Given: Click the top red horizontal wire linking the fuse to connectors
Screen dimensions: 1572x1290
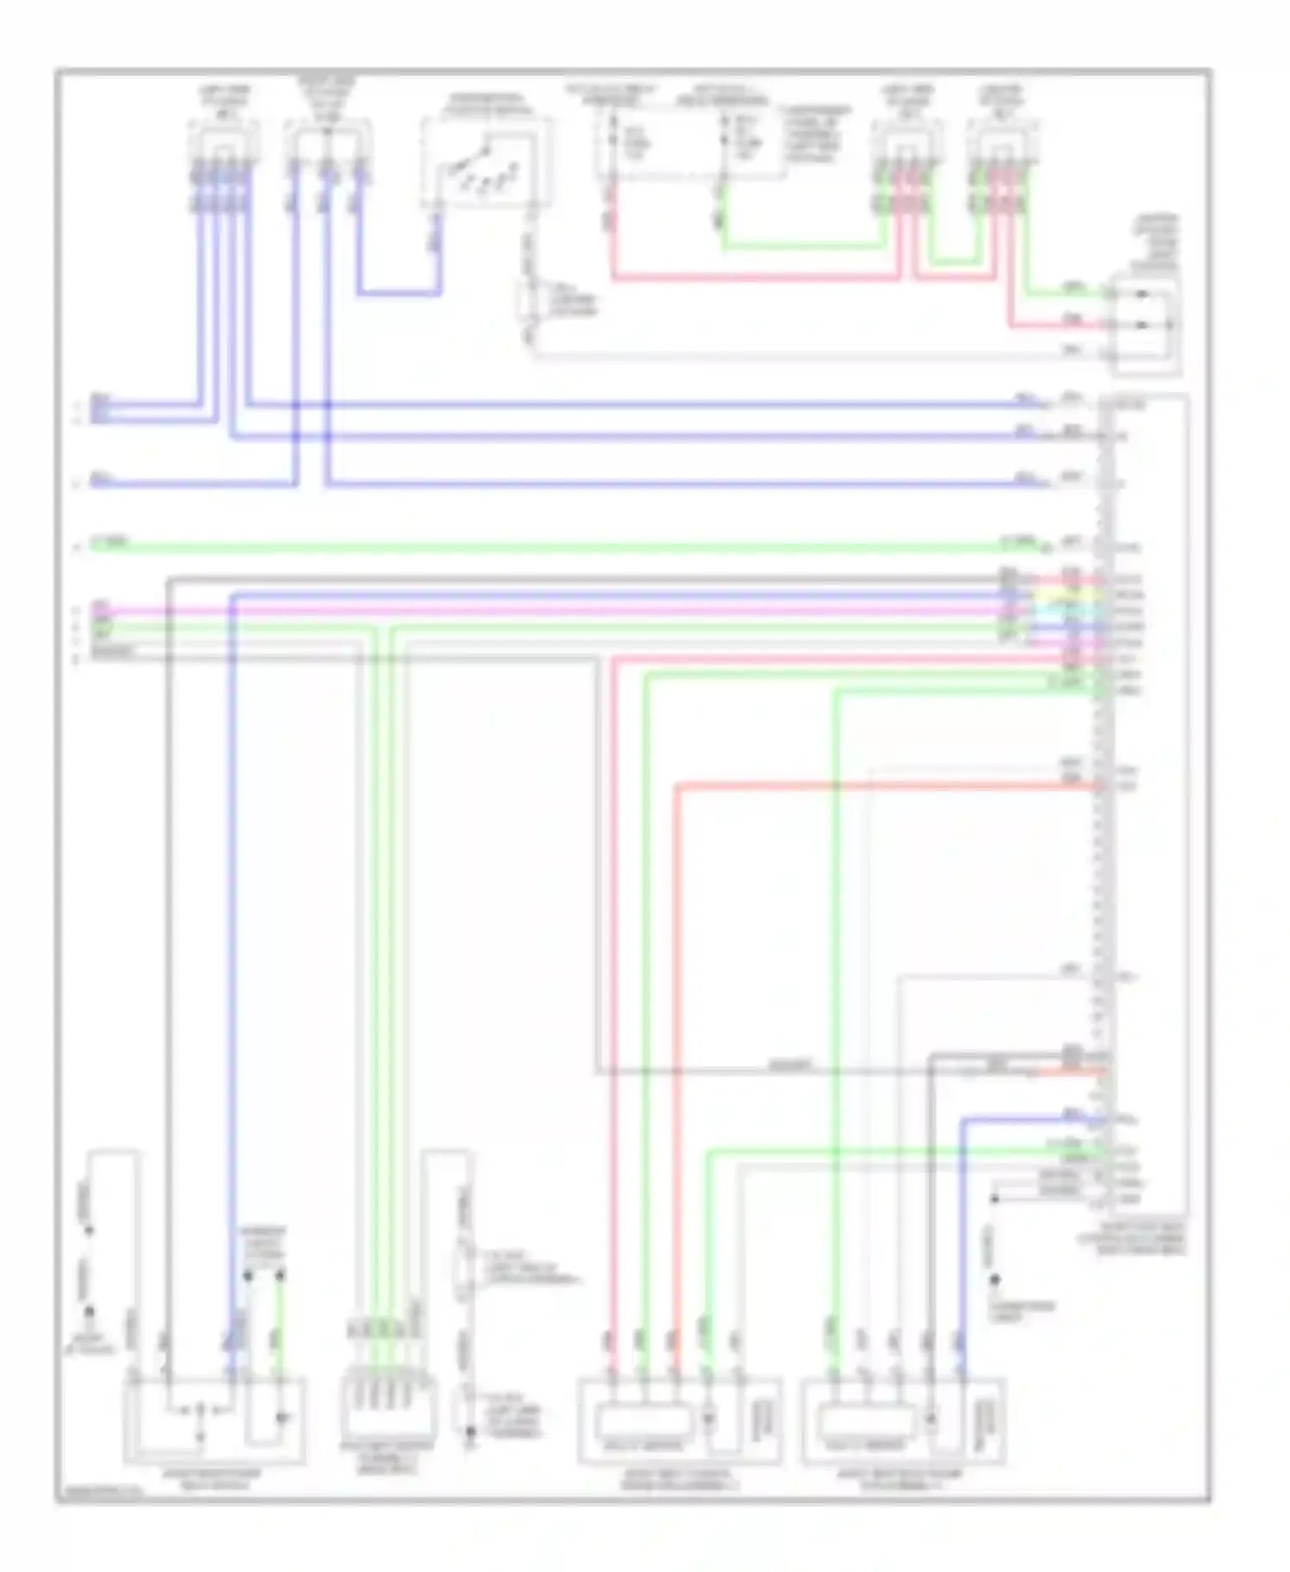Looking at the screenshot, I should pyautogui.click(x=757, y=278).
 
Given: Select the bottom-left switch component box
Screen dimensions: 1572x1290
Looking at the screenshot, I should pyautogui.click(x=215, y=1419).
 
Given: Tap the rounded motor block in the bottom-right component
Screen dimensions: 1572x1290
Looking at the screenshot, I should pyautogui.click(x=867, y=1419).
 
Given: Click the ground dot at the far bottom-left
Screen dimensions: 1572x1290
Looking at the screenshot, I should pyautogui.click(x=89, y=1313).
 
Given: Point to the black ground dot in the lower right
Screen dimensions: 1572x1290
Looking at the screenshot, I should pyautogui.click(x=994, y=1280).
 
